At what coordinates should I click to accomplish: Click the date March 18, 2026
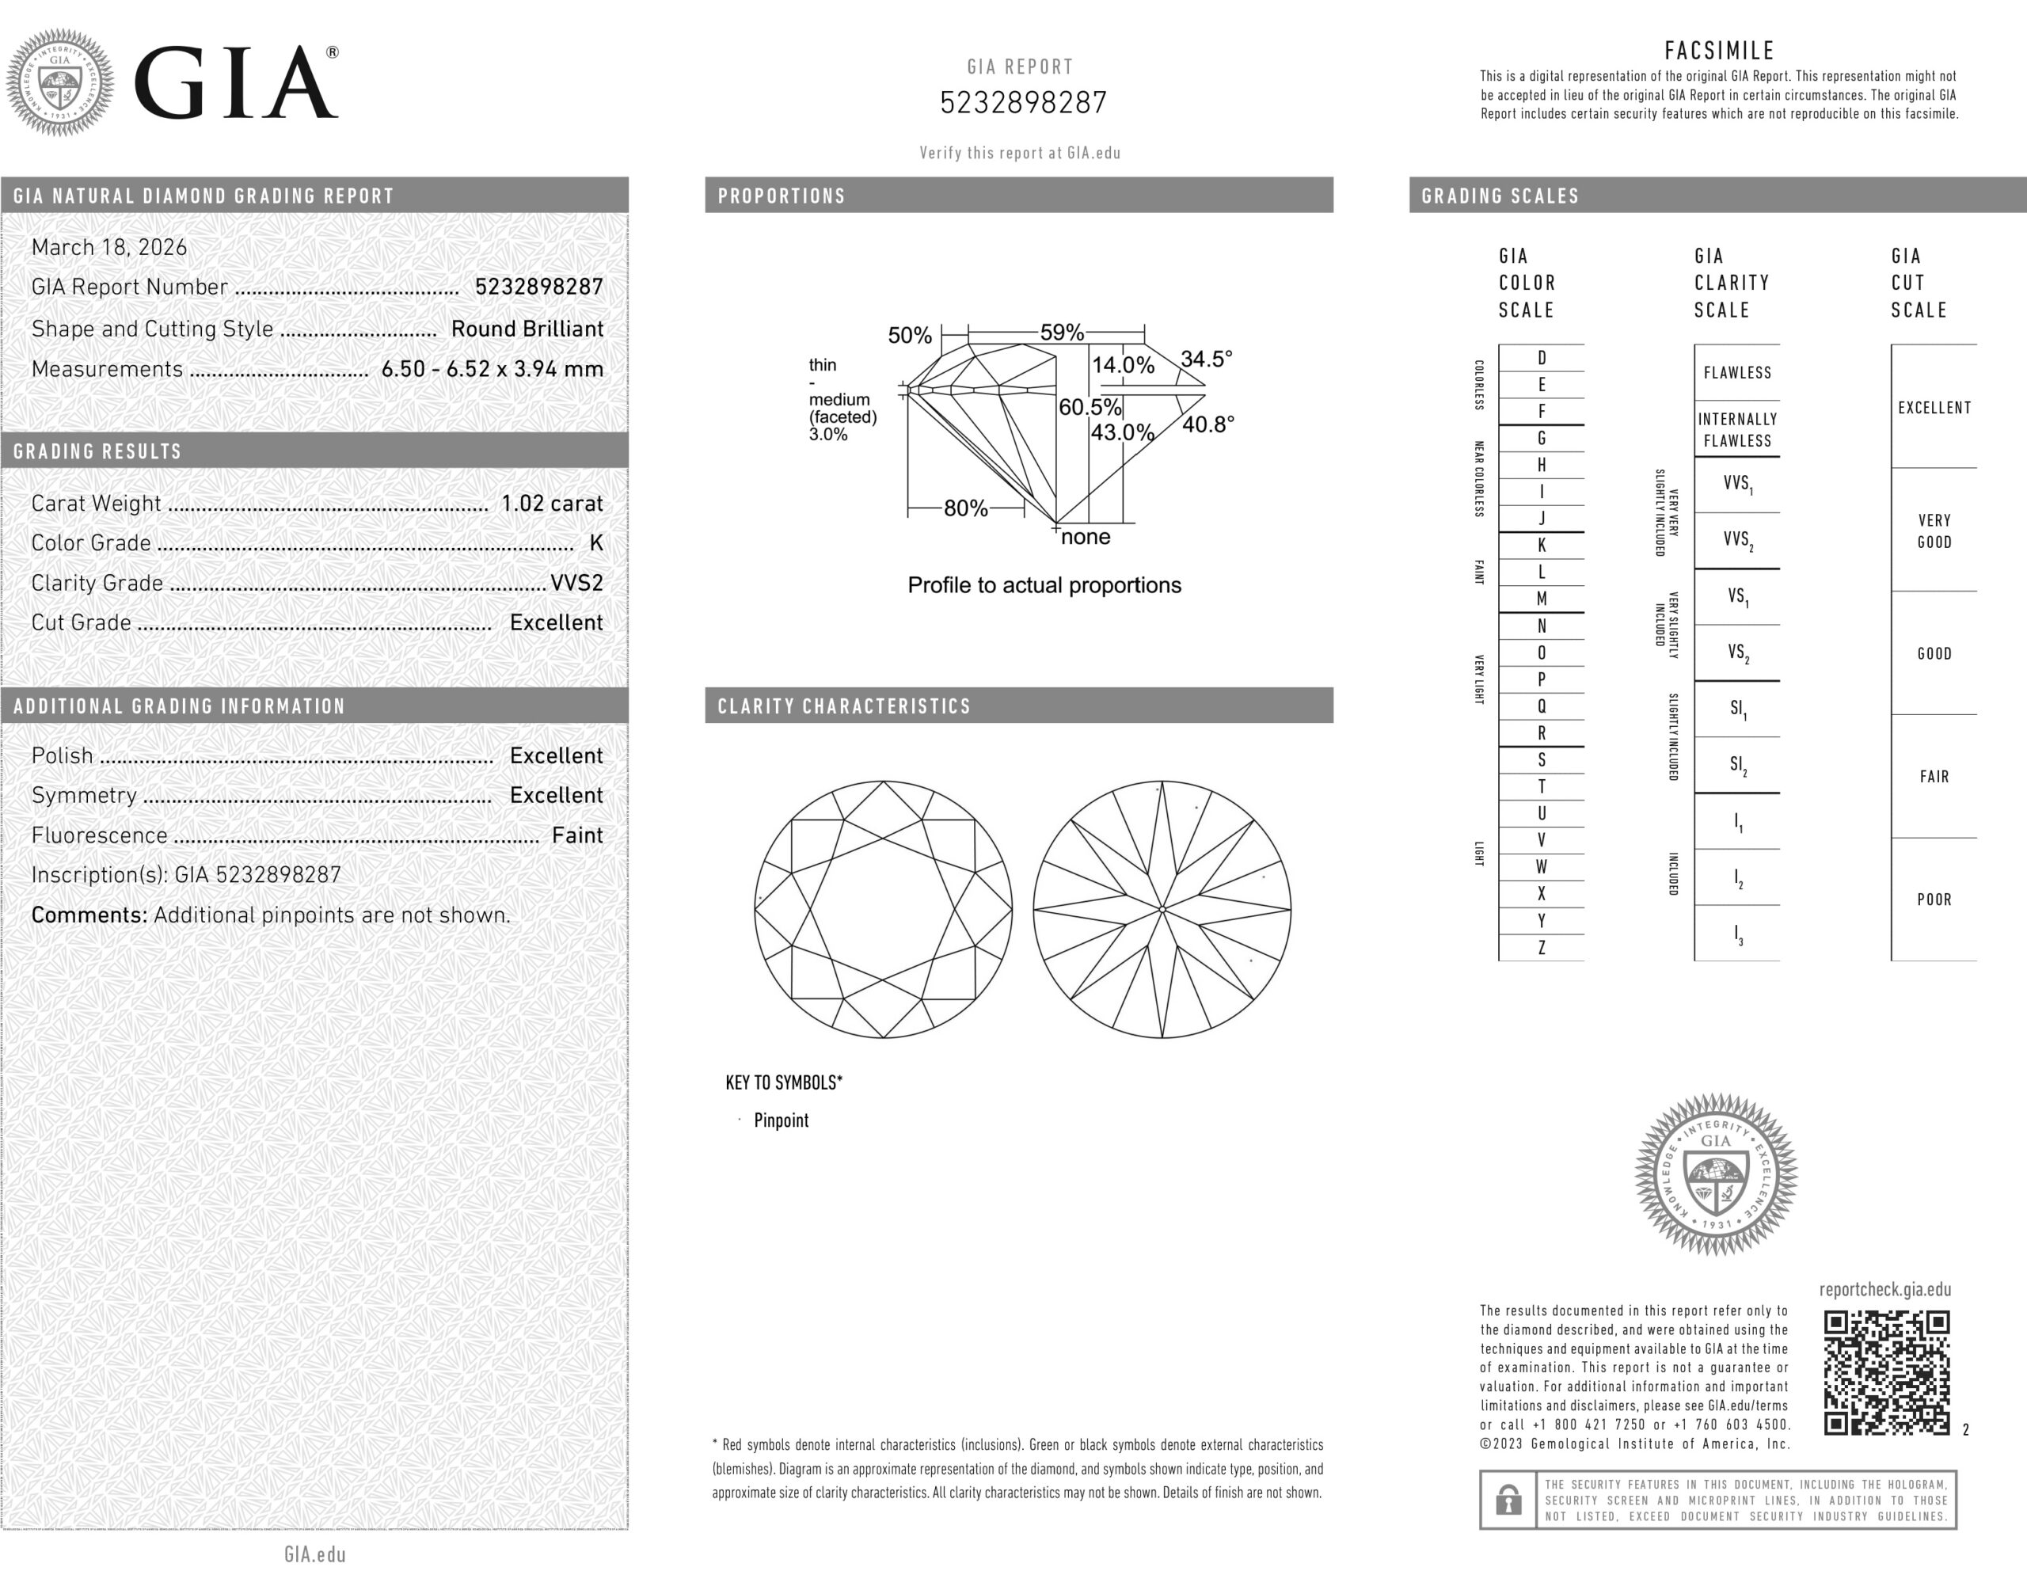(x=108, y=248)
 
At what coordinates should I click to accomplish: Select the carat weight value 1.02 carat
(x=552, y=504)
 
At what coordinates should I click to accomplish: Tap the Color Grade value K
(x=597, y=544)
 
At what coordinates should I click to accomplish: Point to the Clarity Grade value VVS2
(x=576, y=583)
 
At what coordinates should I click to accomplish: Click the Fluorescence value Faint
(x=577, y=835)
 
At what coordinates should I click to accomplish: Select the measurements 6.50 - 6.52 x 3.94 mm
(x=492, y=369)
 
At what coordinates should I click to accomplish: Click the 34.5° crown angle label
(x=1207, y=359)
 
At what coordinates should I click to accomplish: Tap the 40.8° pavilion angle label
(x=1208, y=425)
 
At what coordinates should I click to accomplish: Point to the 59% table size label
(x=1062, y=333)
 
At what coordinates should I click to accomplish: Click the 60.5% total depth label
(x=1090, y=407)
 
